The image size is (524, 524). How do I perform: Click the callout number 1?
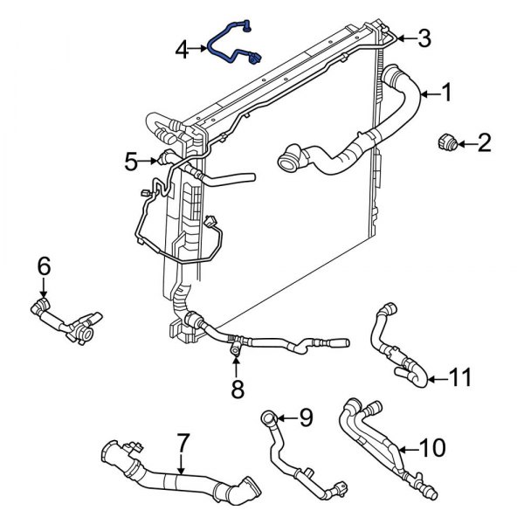click(446, 91)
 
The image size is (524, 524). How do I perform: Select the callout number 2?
click(483, 142)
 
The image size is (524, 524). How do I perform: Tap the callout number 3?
click(424, 38)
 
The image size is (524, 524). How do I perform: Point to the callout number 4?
click(182, 50)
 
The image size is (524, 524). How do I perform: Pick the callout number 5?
click(131, 161)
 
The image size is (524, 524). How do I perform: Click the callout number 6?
click(44, 266)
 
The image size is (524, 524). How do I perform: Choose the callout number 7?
click(182, 442)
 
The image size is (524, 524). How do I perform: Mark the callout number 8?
click(238, 388)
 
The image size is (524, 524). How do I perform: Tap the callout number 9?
click(305, 417)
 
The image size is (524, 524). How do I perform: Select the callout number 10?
click(432, 448)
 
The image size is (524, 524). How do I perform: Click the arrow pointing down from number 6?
click(44, 290)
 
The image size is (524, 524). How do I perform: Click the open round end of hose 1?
click(286, 160)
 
